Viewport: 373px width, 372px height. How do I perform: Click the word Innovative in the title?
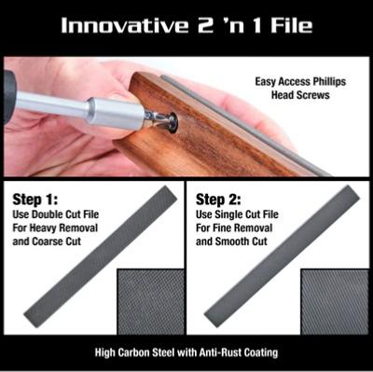(125, 25)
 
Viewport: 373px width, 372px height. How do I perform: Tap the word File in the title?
(292, 25)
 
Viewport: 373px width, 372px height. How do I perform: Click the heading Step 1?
(35, 200)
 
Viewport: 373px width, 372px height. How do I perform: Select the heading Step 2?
(218, 200)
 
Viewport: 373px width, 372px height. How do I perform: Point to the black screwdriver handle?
(8, 97)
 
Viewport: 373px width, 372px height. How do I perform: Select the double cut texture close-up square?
(150, 302)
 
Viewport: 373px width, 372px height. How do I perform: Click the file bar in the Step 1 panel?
(101, 256)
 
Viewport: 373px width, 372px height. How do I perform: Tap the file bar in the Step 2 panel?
(282, 255)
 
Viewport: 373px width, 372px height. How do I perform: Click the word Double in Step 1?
(48, 214)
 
